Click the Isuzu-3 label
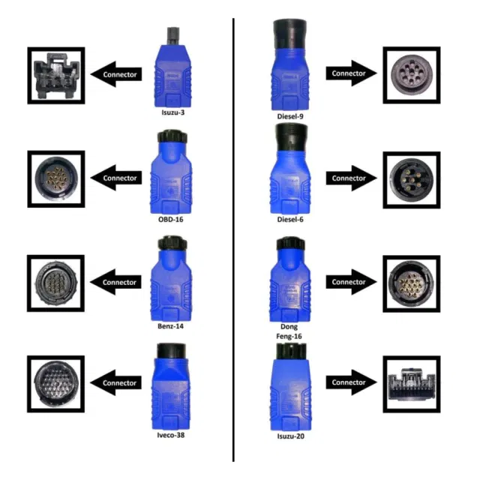tap(173, 112)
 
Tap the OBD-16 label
tap(170, 220)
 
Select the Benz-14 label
tap(170, 326)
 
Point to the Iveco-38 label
tap(171, 435)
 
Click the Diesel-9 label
tap(290, 116)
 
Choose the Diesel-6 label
tap(290, 220)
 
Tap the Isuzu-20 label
tap(290, 436)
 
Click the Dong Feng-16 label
tap(289, 331)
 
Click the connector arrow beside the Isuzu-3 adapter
tap(116, 74)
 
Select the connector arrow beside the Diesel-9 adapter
tap(352, 73)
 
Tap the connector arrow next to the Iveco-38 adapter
tap(116, 382)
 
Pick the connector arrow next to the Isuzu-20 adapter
tap(352, 382)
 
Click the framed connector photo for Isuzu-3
tap(56, 76)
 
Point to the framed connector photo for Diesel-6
tap(412, 180)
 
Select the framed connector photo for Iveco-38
tap(55, 384)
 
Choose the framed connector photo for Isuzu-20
tap(412, 384)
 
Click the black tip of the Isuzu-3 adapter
tap(173, 37)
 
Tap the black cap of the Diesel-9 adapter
tap(290, 34)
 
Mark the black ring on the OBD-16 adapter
tap(172, 136)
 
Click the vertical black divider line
tap(233, 240)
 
